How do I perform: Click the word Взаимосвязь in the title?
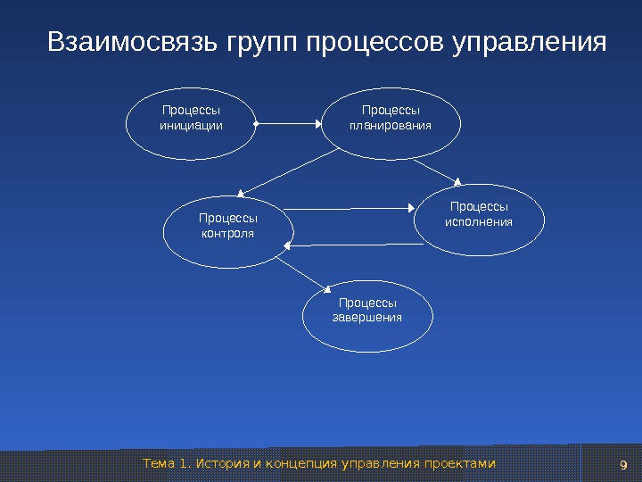(135, 43)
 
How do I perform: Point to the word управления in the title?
(530, 43)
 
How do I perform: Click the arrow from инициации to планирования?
(288, 123)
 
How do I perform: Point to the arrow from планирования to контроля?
(290, 170)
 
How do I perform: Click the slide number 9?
(623, 465)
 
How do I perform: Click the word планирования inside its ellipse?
(390, 126)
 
